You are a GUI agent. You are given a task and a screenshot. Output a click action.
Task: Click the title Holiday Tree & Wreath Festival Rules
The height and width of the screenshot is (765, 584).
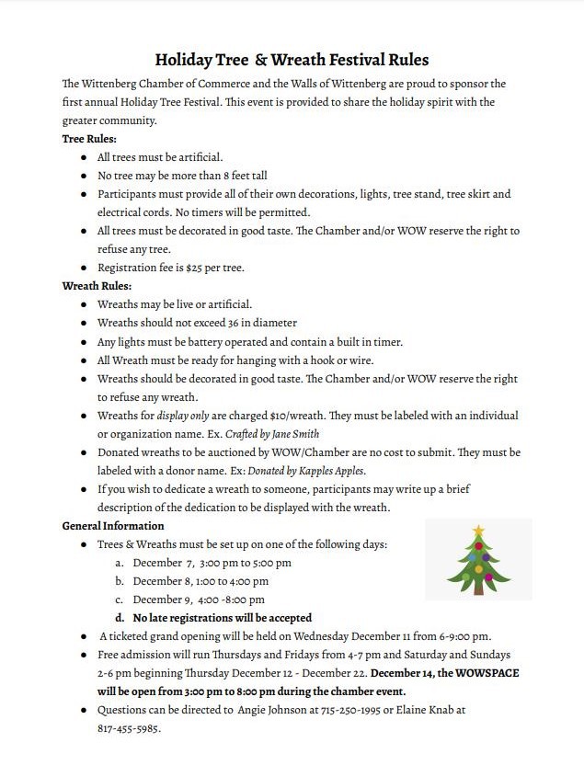point(292,61)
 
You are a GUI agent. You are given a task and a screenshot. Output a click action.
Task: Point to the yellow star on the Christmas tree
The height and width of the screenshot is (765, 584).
point(478,531)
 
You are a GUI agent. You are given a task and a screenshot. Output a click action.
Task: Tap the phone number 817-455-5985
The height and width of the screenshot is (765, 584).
point(129,728)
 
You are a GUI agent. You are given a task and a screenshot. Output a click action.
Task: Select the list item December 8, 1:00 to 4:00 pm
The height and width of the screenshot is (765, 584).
point(200,581)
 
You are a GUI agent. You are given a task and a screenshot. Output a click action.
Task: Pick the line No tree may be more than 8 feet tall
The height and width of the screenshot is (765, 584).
point(182,176)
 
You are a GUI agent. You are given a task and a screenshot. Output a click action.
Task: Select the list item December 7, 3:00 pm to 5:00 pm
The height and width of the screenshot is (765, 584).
point(212,563)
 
